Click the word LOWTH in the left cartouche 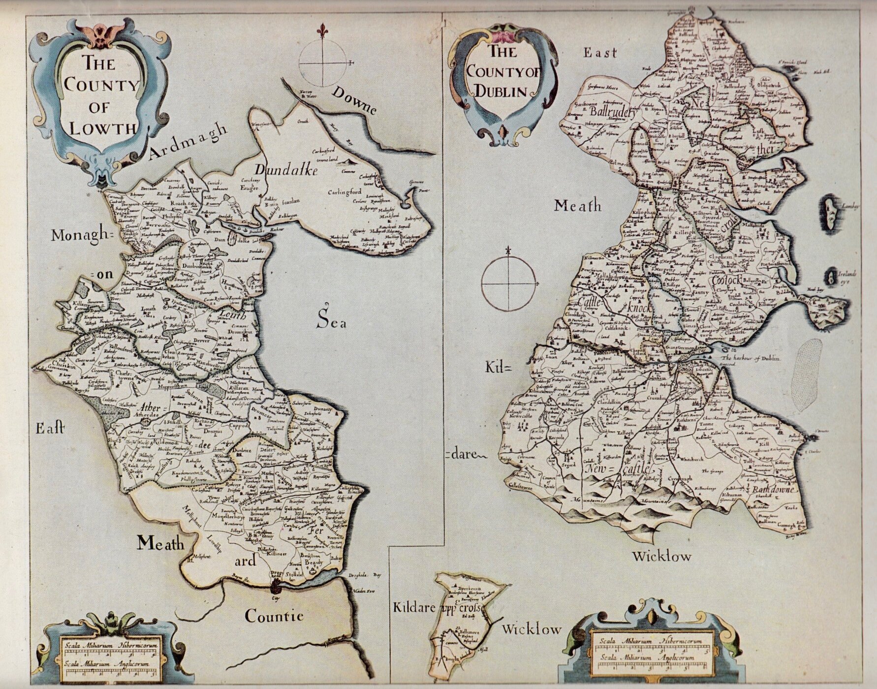[x=102, y=128]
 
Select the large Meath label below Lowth [x=160, y=543]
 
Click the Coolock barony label [x=730, y=280]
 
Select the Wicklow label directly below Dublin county [x=661, y=557]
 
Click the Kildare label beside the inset [x=412, y=608]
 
